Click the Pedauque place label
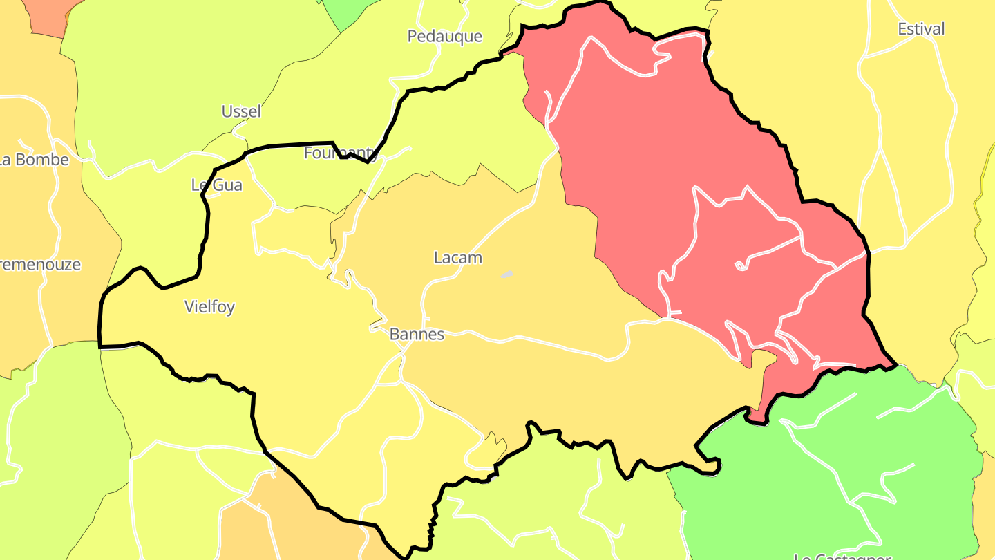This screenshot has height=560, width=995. point(444,36)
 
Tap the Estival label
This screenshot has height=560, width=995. point(921,29)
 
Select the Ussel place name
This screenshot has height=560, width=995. point(241,111)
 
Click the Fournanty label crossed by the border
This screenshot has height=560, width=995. point(341,153)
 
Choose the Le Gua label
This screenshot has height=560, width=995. point(216,185)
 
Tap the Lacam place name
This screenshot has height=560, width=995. point(457,258)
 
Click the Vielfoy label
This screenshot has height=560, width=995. point(209,307)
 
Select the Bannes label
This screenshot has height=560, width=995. point(417,335)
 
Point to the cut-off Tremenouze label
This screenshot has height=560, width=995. point(40,265)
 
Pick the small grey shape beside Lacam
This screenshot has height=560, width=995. point(506,274)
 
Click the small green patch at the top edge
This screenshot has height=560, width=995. point(349,10)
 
